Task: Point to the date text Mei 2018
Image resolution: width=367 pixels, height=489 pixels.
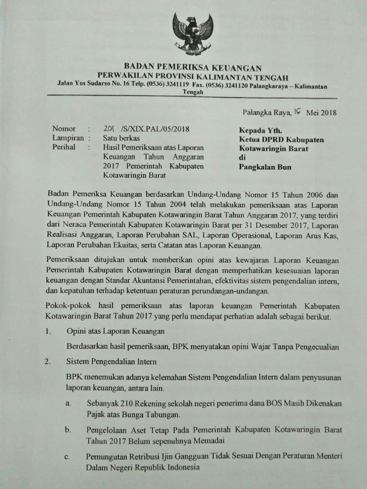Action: pyautogui.click(x=321, y=112)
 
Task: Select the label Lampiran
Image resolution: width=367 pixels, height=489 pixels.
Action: pyautogui.click(x=68, y=138)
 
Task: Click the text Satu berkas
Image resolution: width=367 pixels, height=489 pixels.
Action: pyautogui.click(x=121, y=138)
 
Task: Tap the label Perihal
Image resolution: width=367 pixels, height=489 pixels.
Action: pyautogui.click(x=64, y=147)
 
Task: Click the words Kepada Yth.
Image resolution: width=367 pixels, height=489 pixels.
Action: pyautogui.click(x=261, y=131)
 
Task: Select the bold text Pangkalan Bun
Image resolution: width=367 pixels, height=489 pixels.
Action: pyautogui.click(x=265, y=167)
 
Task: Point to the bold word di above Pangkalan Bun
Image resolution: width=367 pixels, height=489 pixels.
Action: pyautogui.click(x=242, y=157)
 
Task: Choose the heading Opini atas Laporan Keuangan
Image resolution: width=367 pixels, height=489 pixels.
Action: pyautogui.click(x=115, y=331)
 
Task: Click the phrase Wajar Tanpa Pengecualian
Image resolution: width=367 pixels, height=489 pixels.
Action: pyautogui.click(x=295, y=347)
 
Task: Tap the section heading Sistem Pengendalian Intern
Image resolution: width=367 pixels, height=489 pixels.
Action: pyautogui.click(x=111, y=361)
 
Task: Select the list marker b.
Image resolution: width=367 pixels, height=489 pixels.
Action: pyautogui.click(x=68, y=430)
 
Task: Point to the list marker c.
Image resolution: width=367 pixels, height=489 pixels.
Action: pyautogui.click(x=67, y=457)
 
